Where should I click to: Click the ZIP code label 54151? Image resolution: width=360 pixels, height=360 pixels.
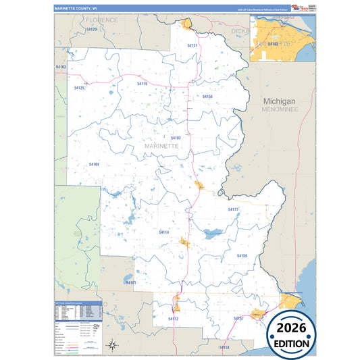click(x=192, y=45)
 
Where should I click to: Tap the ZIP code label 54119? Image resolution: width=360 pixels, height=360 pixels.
click(x=142, y=84)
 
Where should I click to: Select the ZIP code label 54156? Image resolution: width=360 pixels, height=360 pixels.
click(x=207, y=97)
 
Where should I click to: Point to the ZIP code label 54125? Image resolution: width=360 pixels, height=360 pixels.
click(x=79, y=88)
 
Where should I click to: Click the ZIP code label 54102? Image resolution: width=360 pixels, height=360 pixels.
click(x=176, y=138)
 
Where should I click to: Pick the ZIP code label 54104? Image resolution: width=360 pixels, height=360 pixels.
click(x=94, y=164)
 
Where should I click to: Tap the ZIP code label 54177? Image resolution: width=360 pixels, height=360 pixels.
click(x=233, y=210)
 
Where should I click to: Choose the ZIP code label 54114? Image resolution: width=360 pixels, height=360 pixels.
click(x=164, y=232)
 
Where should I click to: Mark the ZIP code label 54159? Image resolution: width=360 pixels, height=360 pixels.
click(x=242, y=256)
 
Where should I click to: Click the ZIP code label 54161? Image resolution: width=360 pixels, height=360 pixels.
click(x=131, y=282)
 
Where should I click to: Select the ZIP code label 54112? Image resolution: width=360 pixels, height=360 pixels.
click(x=174, y=318)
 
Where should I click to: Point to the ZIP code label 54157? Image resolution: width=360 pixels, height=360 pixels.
click(x=238, y=317)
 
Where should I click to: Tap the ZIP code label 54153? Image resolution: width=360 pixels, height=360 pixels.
click(x=224, y=347)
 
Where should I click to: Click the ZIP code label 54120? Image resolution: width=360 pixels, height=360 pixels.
click(x=92, y=30)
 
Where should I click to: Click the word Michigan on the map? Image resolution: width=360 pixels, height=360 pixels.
click(x=280, y=101)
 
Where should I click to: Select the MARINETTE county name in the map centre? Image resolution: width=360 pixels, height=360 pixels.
click(x=161, y=145)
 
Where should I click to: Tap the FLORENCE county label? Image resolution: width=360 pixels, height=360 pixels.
click(x=101, y=20)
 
